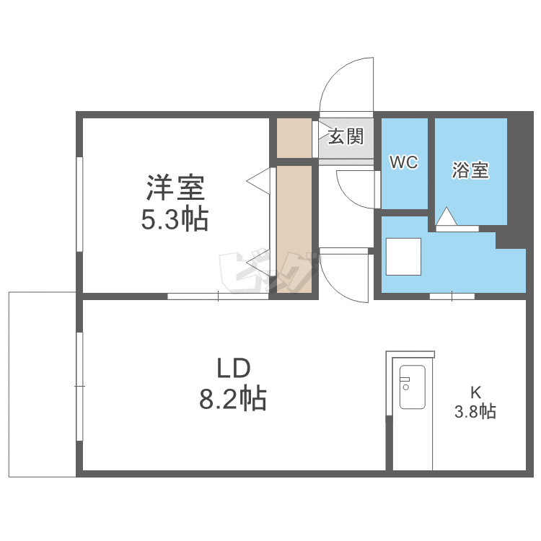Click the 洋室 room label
[175, 188]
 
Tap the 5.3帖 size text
[175, 219]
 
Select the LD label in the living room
[234, 368]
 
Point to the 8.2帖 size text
[233, 398]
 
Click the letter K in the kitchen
[476, 392]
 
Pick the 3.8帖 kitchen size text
[475, 411]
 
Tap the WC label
[404, 162]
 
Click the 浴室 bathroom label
[470, 170]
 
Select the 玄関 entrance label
[346, 136]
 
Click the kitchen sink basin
[413, 387]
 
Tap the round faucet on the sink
[405, 387]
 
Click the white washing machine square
[403, 257]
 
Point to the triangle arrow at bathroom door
[447, 216]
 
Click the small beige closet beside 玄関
[294, 138]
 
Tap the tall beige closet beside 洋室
[294, 229]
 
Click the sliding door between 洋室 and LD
[218, 296]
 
